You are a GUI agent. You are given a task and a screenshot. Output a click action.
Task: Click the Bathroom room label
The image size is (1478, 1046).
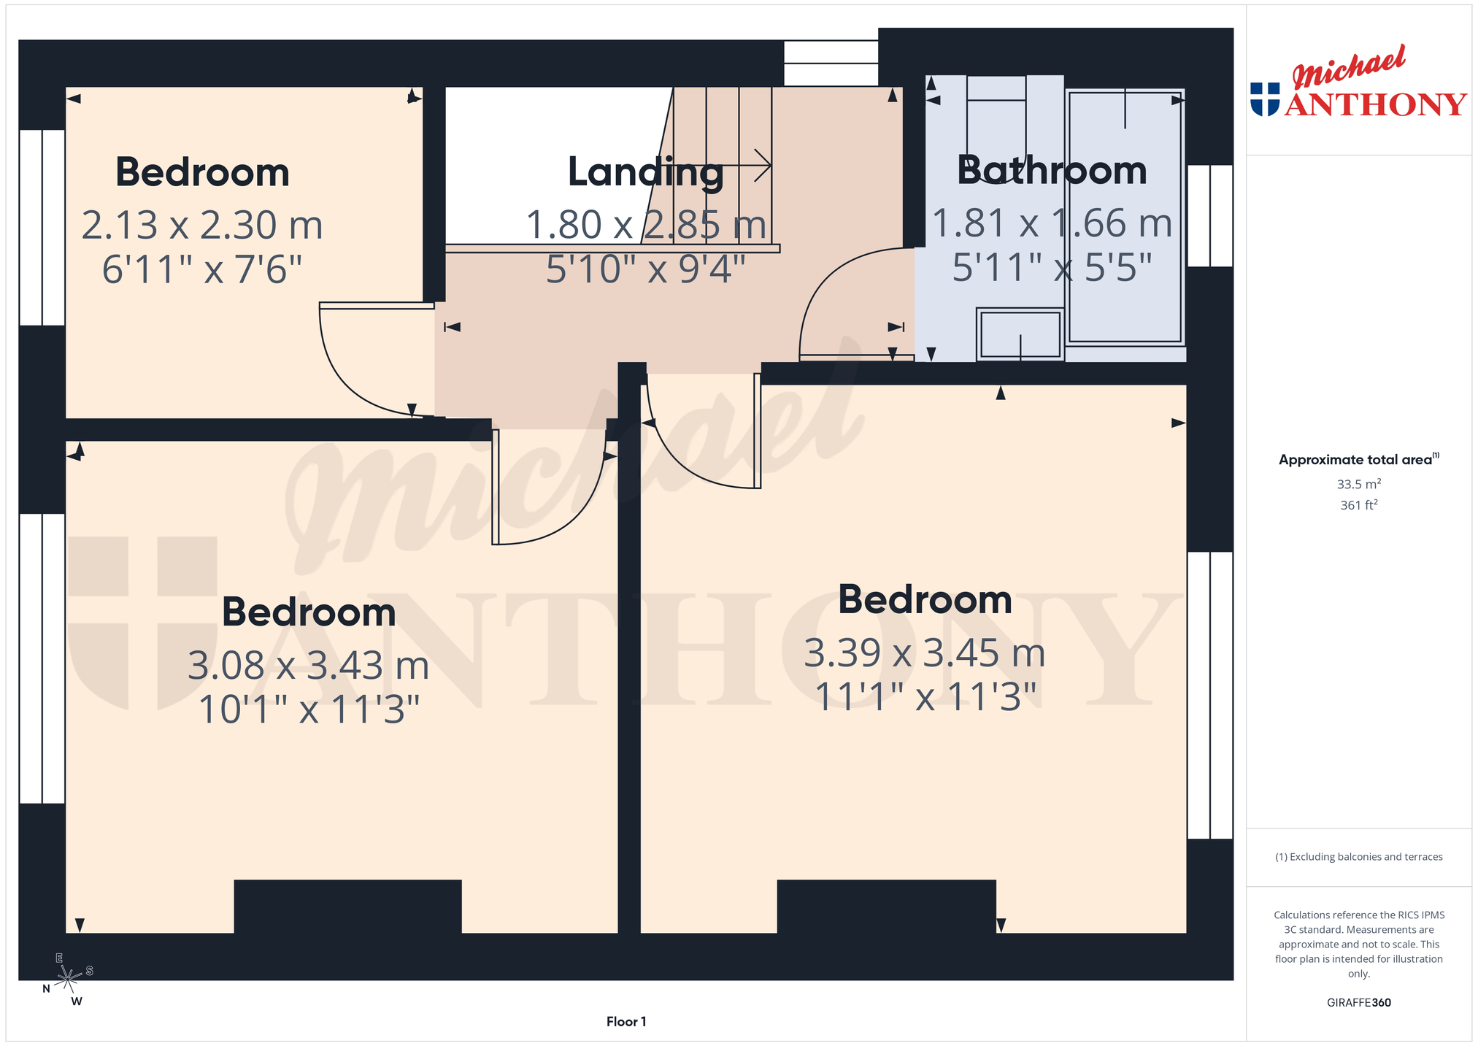click(x=1052, y=171)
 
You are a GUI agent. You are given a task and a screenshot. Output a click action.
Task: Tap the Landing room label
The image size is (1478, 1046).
click(x=646, y=173)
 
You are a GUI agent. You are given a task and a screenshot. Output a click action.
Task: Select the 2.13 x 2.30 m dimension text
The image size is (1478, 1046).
click(x=202, y=225)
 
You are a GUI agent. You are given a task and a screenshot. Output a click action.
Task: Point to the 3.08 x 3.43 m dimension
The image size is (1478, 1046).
click(x=308, y=665)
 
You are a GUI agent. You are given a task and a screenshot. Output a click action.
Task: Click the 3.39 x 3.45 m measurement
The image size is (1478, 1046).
click(x=925, y=653)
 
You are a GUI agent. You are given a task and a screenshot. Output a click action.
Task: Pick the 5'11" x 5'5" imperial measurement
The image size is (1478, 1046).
click(x=1052, y=268)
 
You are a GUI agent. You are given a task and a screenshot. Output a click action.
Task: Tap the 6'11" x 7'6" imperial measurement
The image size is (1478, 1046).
click(x=202, y=269)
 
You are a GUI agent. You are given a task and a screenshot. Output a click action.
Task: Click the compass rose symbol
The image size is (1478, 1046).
click(x=68, y=978)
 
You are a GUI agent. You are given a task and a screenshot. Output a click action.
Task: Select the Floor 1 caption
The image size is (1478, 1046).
click(x=626, y=1021)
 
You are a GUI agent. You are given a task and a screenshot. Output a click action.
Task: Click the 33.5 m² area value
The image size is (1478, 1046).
click(x=1358, y=484)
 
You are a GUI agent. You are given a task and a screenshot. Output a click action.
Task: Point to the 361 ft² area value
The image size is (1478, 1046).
click(x=1358, y=504)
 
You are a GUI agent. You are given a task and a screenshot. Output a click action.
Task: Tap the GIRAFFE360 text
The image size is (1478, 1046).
click(x=1358, y=1002)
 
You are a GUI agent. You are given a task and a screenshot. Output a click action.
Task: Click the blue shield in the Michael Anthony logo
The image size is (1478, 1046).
click(x=1265, y=99)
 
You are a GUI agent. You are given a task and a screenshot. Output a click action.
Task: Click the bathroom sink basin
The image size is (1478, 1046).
click(x=1020, y=335)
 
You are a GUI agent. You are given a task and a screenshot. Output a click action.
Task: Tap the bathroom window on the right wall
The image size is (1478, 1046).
click(x=1210, y=215)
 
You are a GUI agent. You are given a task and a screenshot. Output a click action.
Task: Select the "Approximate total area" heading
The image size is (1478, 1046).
click(x=1358, y=459)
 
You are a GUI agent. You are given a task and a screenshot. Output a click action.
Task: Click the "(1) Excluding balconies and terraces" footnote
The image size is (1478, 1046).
click(x=1358, y=857)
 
